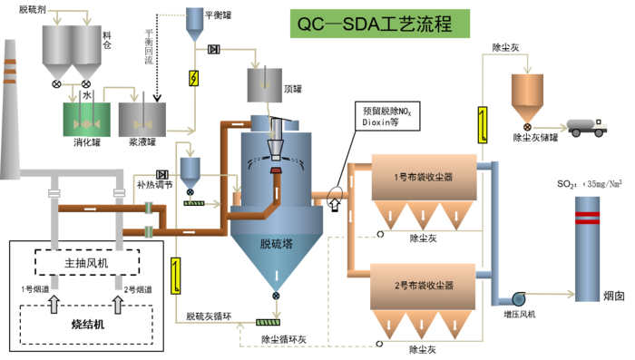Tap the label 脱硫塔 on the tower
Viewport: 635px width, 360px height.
point(277,244)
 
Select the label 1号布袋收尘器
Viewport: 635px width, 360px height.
point(423,177)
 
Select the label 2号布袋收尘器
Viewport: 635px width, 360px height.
point(423,286)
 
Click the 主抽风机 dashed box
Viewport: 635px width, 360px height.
point(87,263)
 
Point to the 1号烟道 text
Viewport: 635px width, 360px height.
point(34,289)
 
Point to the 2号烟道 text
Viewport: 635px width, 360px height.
point(138,289)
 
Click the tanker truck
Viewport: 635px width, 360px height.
point(587,126)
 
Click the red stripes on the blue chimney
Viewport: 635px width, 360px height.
point(587,218)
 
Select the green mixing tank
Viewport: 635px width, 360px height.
point(86,119)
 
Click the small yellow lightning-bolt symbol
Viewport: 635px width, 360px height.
point(193,78)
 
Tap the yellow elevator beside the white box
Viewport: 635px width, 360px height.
point(175,275)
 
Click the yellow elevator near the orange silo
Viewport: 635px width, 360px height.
point(483,124)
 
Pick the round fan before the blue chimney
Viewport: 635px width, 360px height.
point(519,298)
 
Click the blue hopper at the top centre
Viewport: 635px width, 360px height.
point(195,22)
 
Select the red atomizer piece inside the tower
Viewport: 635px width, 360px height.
point(276,170)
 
